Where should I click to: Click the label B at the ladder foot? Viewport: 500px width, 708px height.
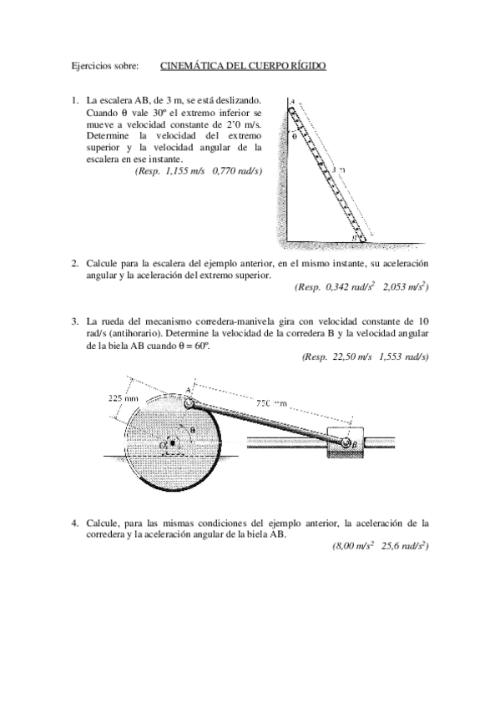[355, 238]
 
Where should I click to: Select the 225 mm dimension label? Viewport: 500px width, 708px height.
[124, 398]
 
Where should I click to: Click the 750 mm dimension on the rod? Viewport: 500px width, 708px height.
[271, 402]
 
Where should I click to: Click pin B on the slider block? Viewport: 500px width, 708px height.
[345, 443]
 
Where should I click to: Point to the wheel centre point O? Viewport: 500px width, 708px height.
[172, 442]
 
